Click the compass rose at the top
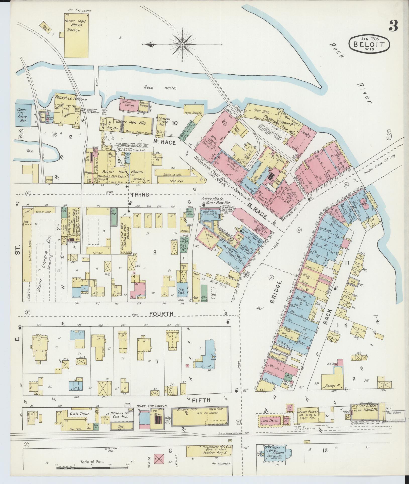pyautogui.click(x=183, y=44)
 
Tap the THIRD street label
pyautogui.click(x=140, y=195)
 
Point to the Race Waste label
pyautogui.click(x=160, y=88)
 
